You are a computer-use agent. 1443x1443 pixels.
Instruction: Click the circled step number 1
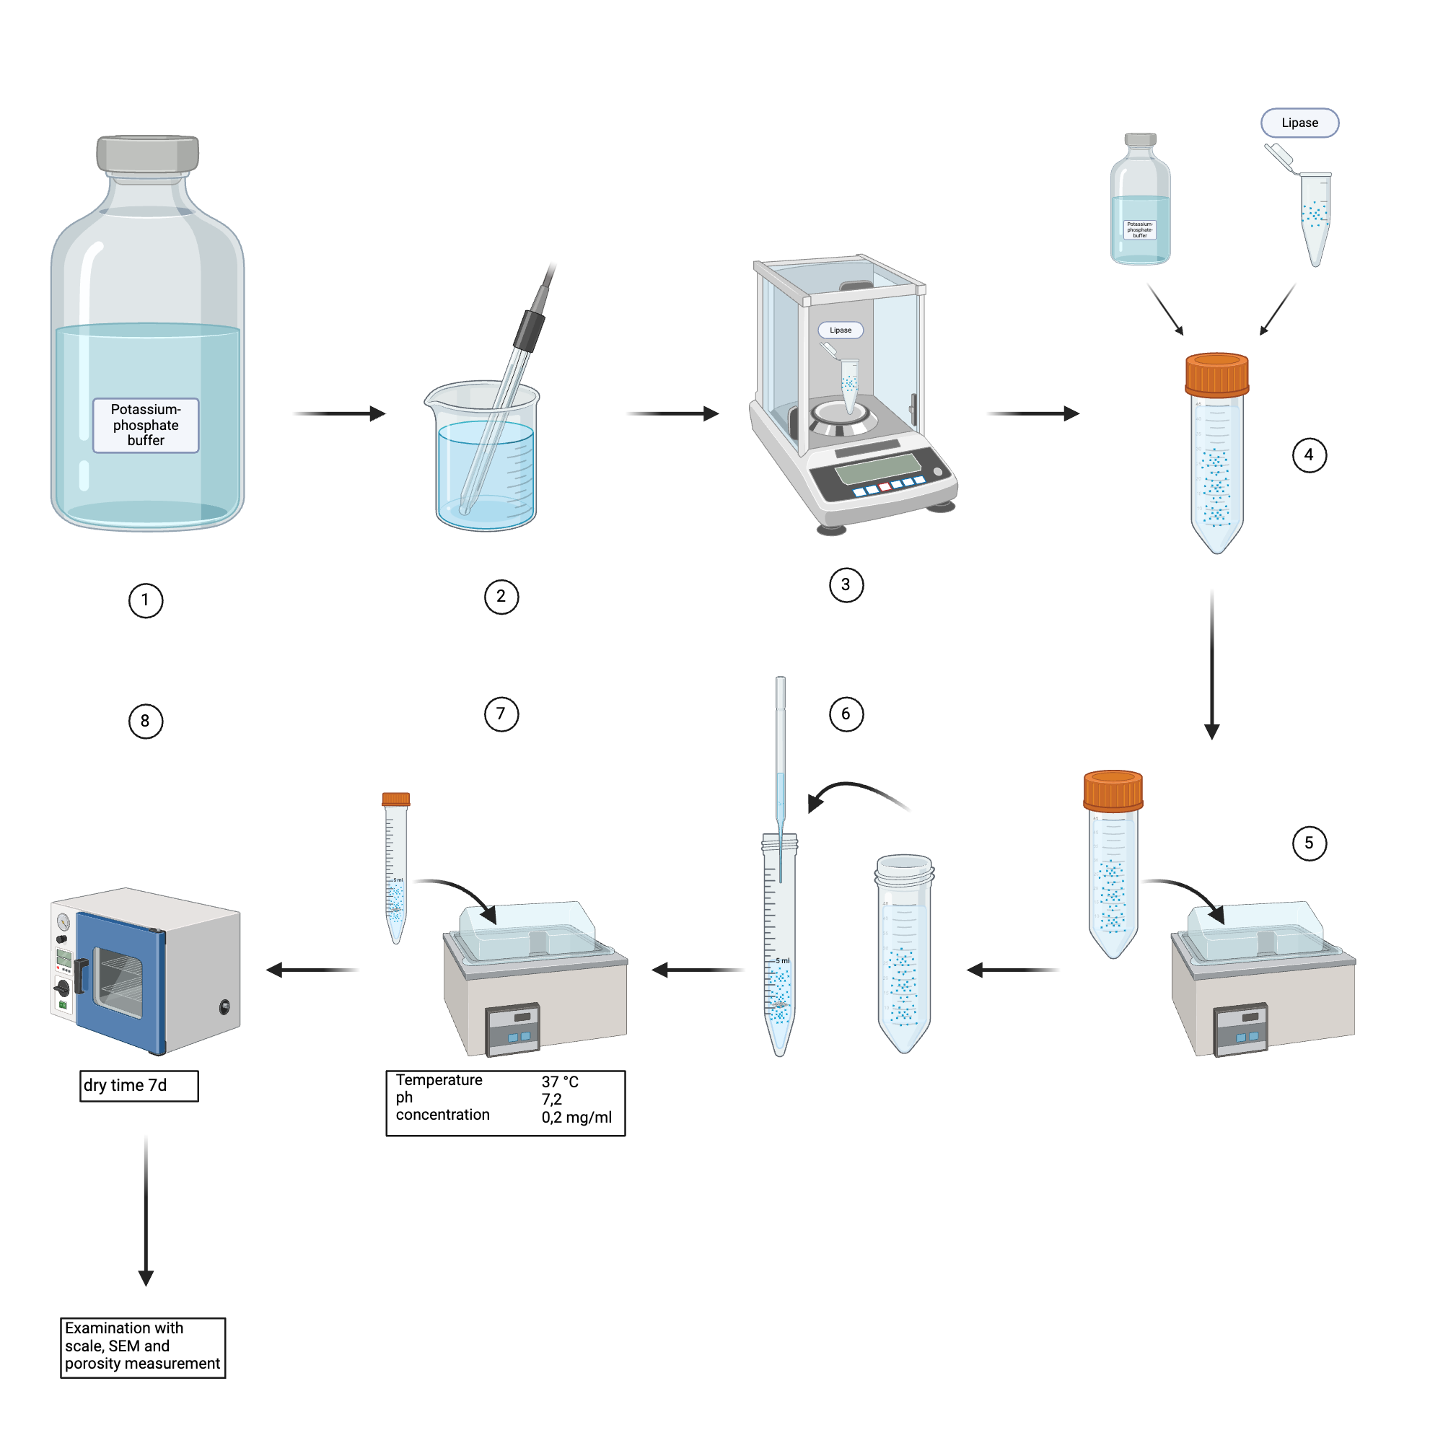click(146, 600)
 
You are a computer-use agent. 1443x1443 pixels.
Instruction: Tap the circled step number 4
click(1309, 455)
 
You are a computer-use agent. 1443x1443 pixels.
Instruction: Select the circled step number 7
click(501, 714)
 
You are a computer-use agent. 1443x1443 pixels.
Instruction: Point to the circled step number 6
click(846, 714)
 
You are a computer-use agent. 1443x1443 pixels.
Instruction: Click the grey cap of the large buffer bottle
click(148, 153)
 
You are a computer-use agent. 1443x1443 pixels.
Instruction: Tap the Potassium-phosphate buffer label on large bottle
click(146, 425)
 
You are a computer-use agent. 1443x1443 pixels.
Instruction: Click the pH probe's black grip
click(529, 331)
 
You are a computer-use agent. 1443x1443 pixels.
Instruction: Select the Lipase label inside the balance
click(841, 330)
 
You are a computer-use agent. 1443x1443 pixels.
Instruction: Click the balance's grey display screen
click(877, 468)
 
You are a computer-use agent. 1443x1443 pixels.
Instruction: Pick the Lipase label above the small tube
click(1299, 123)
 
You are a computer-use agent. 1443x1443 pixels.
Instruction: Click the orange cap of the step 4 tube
click(1216, 374)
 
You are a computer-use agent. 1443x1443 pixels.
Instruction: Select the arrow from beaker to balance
click(672, 413)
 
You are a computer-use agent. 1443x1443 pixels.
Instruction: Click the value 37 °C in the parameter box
click(559, 1082)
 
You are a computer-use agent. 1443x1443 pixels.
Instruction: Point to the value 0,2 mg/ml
click(576, 1118)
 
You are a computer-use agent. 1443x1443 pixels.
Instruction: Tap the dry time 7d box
click(139, 1085)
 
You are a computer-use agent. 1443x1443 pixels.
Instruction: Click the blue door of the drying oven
click(120, 982)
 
